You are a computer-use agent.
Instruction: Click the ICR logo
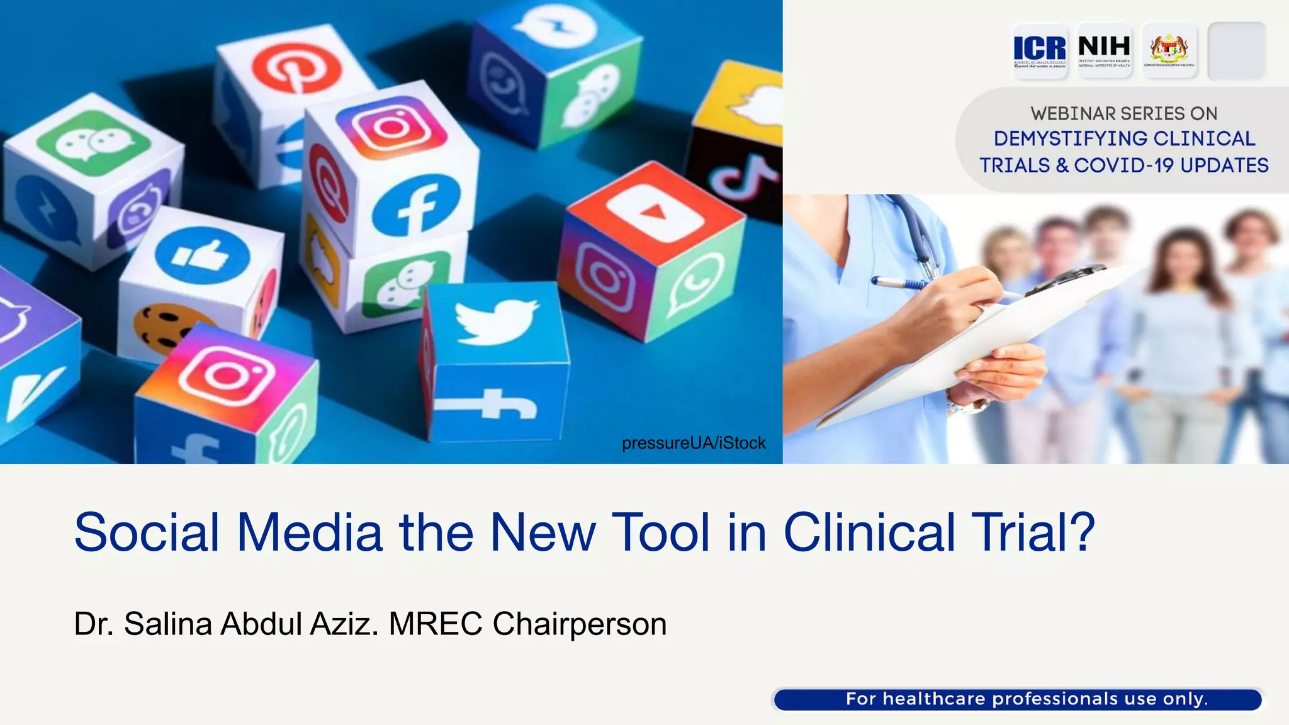click(x=1040, y=50)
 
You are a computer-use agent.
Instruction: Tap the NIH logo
click(x=1104, y=50)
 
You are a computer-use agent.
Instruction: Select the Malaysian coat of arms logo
click(x=1169, y=50)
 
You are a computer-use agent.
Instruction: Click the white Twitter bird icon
click(x=496, y=321)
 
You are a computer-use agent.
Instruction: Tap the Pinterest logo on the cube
click(x=296, y=69)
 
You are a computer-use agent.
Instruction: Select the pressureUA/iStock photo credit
click(x=694, y=443)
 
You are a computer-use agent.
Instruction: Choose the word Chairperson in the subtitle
click(x=579, y=624)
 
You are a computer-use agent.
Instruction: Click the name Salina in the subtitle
click(x=167, y=624)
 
